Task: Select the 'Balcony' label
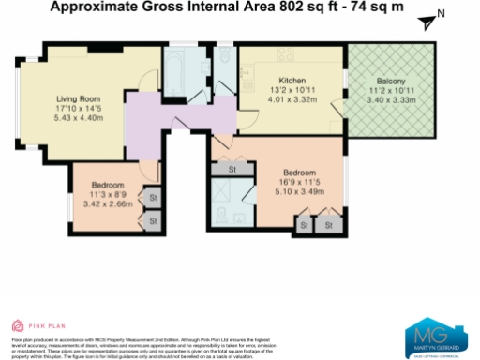[391, 81]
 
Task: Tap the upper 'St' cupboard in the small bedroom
[151, 199]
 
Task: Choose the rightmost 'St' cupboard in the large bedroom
[327, 225]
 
